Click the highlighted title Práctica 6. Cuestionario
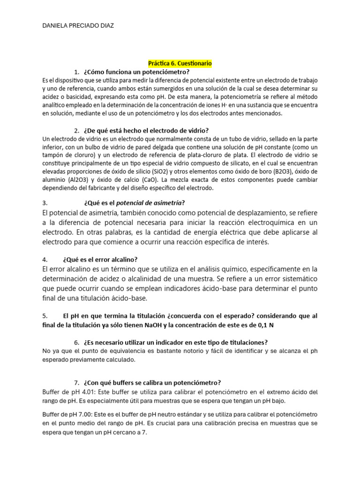(x=180, y=63)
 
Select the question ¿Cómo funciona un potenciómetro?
(x=136, y=72)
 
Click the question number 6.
(x=76, y=342)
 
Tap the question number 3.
(x=45, y=203)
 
